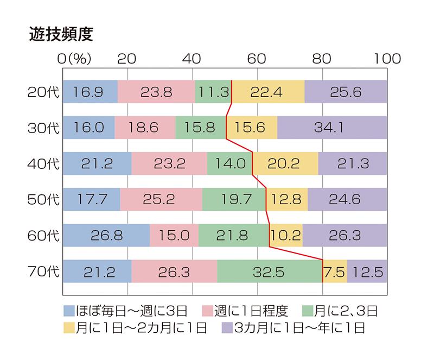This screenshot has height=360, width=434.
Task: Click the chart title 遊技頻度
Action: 61,33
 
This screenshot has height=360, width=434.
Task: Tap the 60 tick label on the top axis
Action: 257,59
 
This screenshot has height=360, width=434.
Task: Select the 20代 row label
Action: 43,92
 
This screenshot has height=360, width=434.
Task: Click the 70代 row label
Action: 43,271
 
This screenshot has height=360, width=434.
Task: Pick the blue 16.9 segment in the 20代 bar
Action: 90,92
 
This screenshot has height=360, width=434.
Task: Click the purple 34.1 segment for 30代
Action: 332,128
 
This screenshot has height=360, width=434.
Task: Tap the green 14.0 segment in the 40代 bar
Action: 230,163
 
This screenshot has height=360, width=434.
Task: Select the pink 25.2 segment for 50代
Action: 161,199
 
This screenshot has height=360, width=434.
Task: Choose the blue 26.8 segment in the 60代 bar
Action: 106,235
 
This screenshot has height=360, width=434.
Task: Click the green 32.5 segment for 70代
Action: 270,271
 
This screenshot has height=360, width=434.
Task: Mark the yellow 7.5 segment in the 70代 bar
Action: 335,271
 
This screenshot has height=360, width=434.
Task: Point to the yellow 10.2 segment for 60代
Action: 286,235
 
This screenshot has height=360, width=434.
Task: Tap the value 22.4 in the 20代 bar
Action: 268,92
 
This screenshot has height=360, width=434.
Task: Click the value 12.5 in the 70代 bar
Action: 367,271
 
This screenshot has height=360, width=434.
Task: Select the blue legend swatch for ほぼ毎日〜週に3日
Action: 69,311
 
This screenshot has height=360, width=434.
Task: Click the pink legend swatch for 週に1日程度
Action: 208,311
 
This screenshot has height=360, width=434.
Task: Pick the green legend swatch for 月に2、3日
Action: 309,311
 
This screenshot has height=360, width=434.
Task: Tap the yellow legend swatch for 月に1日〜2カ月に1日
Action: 69,327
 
